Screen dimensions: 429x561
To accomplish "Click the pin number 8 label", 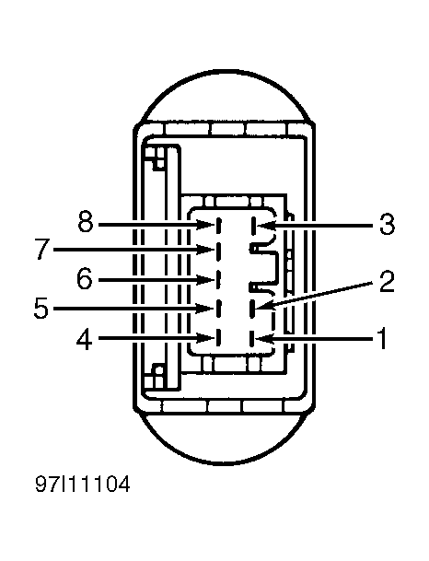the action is coord(86,222).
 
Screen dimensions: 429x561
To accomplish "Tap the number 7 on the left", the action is coord(42,249).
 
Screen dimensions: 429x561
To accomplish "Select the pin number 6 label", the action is coord(85,279).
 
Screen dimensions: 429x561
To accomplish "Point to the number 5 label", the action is coord(41,308).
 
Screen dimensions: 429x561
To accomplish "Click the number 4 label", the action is coord(85,339).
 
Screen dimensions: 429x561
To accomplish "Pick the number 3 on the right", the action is coord(387,225).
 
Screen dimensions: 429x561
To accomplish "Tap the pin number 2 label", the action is coord(387,282).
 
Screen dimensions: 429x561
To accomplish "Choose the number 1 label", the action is coord(382,338).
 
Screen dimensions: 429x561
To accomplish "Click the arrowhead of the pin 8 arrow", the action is coord(205,225).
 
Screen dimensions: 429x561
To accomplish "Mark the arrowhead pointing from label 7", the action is coord(205,250).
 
